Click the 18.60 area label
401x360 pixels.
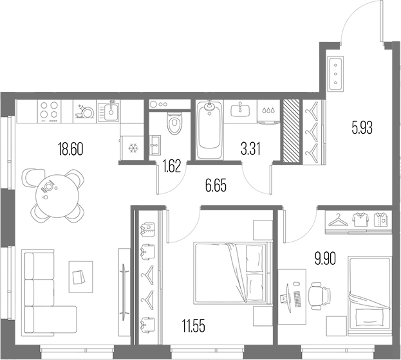pyautogui.click(x=71, y=149)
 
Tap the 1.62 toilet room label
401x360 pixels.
pyautogui.click(x=172, y=166)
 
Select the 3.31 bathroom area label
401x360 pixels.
pyautogui.click(x=250, y=149)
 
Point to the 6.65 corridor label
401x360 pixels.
pyautogui.click(x=216, y=186)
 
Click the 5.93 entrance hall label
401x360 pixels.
pyautogui.click(x=362, y=128)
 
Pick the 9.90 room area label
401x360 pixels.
pyautogui.click(x=325, y=259)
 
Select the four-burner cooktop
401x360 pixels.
pyautogui.click(x=50, y=111)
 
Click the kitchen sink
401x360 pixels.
pyautogui.click(x=109, y=111)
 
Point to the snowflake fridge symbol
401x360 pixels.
pyautogui.click(x=133, y=148)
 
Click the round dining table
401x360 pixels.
pyautogui.click(x=57, y=195)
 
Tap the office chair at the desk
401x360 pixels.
pyautogui.click(x=319, y=296)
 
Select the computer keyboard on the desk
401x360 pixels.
pyautogui.click(x=297, y=299)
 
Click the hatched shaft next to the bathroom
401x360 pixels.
pyautogui.click(x=292, y=130)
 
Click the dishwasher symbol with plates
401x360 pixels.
pyautogui.click(x=85, y=111)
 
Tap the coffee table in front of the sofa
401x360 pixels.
pyautogui.click(x=81, y=276)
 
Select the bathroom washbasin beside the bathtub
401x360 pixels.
pyautogui.click(x=240, y=109)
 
